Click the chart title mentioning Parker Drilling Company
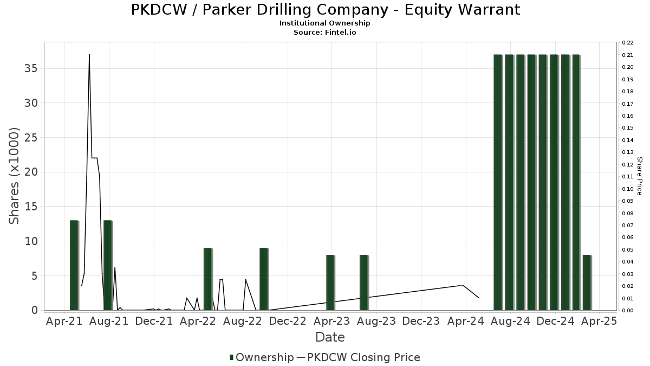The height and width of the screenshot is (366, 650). point(325,10)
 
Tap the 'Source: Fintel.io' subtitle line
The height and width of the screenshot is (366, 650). point(325,33)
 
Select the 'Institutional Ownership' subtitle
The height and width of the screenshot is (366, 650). point(325,23)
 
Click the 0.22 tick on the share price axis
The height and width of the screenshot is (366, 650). point(628,42)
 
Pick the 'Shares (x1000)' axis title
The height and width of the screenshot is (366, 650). point(14,176)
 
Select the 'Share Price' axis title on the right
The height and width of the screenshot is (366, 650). point(639,176)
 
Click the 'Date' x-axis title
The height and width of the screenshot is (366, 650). point(330,337)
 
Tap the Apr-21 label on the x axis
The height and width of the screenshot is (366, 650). point(64,321)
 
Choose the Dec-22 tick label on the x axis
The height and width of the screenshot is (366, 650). point(288,321)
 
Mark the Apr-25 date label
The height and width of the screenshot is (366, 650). point(599,321)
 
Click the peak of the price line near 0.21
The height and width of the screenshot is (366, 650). point(89,55)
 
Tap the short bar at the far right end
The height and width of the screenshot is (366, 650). point(587,282)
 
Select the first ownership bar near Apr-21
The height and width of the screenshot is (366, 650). point(74,265)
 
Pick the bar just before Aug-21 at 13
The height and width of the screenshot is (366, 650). point(108,265)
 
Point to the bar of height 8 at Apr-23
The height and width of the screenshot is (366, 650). point(330,282)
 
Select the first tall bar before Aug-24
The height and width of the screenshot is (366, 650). point(498,182)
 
